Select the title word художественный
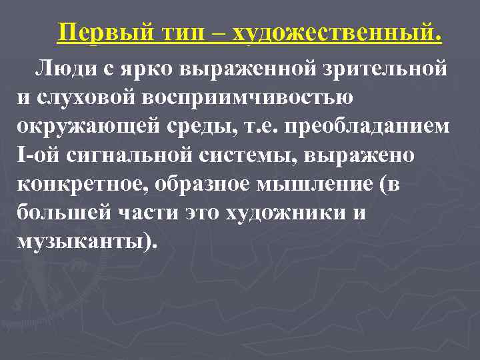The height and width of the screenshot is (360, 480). point(335,31)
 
